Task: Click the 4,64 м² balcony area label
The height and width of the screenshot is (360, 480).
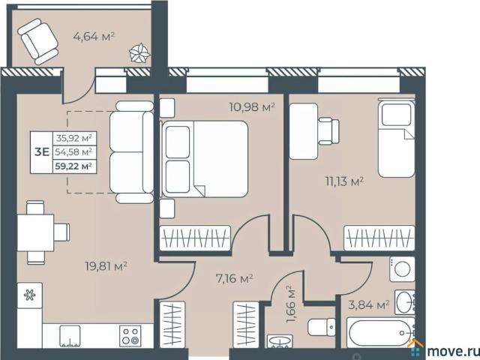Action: click(94, 37)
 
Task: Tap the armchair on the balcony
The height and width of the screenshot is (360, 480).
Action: click(38, 41)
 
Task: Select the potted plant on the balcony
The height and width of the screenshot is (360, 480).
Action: click(139, 53)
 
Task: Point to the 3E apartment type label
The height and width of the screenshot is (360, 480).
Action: click(42, 151)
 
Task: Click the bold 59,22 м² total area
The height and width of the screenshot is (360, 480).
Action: click(73, 166)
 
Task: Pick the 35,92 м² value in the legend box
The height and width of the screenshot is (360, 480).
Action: click(74, 138)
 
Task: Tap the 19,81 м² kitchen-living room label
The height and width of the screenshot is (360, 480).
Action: click(106, 266)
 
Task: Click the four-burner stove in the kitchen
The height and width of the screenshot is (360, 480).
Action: click(130, 336)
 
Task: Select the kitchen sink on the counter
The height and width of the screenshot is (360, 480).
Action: click(70, 336)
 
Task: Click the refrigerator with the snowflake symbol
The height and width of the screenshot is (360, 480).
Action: click(30, 295)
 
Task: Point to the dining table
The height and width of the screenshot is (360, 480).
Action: click(35, 232)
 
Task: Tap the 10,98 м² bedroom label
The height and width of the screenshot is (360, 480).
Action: click(252, 107)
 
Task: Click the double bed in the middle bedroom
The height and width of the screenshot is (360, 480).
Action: click(205, 159)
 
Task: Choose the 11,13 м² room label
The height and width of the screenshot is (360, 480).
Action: click(344, 181)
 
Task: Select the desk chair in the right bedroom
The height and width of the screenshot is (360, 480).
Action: click(329, 131)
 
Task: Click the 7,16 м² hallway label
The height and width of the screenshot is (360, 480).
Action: click(234, 278)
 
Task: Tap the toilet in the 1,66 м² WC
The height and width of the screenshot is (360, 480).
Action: click(322, 327)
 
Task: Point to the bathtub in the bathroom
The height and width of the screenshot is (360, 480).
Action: click(380, 333)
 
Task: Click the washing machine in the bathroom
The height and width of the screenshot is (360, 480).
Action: click(402, 269)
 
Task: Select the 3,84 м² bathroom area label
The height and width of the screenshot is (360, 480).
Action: click(369, 305)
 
